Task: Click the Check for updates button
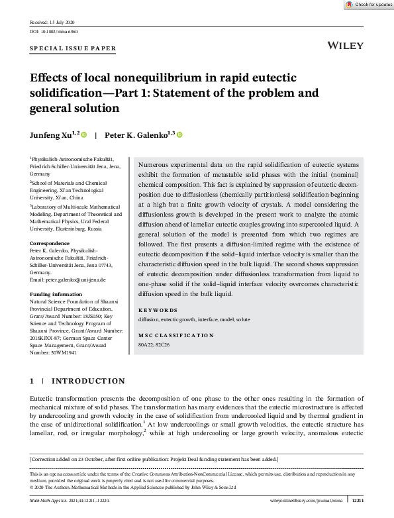tap(368, 5)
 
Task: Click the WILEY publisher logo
tap(346, 45)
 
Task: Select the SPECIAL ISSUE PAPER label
tap(74, 48)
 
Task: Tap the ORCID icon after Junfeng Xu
tap(85, 134)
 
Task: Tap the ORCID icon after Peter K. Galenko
tap(179, 134)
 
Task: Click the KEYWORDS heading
tap(158, 310)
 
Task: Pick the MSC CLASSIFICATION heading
tap(175, 335)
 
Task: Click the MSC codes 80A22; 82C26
tap(154, 345)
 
